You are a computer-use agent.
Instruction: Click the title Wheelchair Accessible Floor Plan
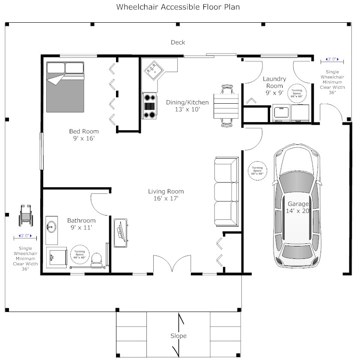click(x=178, y=7)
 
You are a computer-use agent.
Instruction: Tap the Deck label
click(x=178, y=42)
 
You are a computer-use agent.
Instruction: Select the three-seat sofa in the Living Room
click(x=226, y=192)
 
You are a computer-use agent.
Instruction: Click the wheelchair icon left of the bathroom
click(x=26, y=216)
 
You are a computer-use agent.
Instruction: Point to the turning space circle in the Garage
click(x=257, y=170)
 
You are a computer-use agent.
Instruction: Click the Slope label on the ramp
click(x=178, y=336)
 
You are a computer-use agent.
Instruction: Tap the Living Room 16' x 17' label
click(x=166, y=195)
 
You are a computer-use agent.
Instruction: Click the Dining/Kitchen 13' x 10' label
click(x=187, y=105)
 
